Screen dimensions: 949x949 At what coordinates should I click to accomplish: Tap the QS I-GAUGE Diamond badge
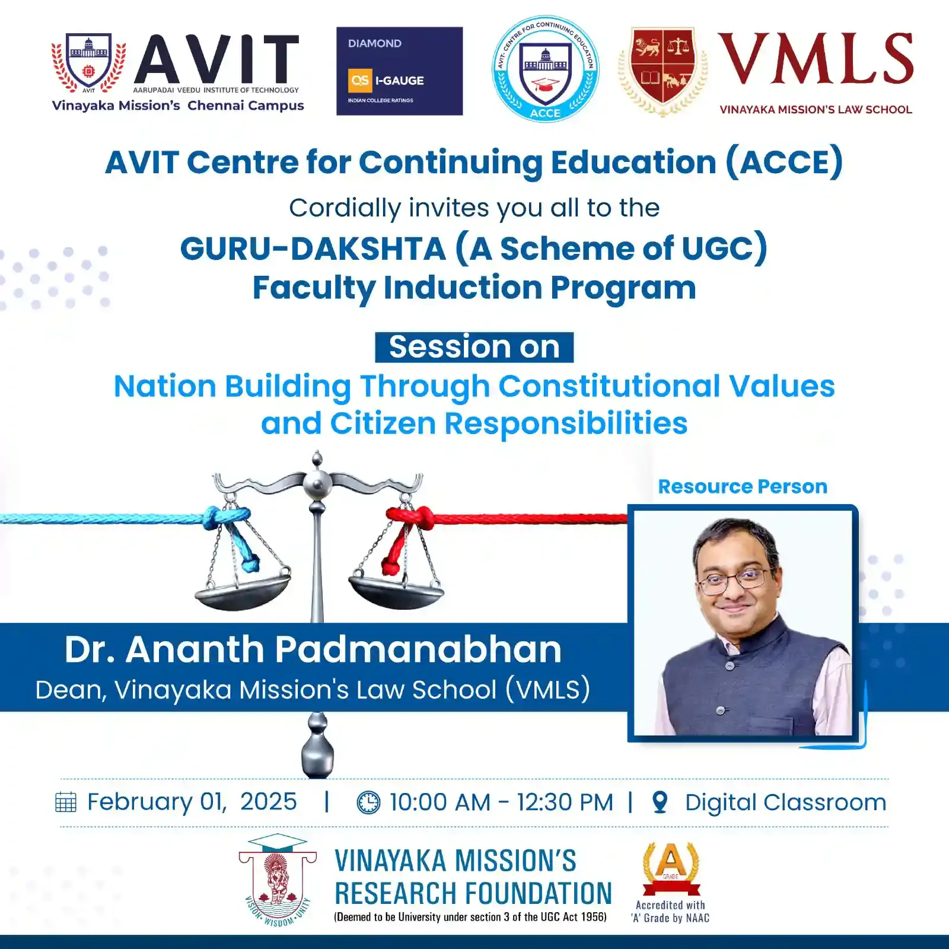pyautogui.click(x=399, y=71)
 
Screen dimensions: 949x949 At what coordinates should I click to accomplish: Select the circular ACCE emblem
pyautogui.click(x=545, y=69)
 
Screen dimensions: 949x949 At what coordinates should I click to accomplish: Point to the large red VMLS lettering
pyautogui.click(x=816, y=59)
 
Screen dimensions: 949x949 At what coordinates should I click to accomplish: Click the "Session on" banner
pyautogui.click(x=474, y=347)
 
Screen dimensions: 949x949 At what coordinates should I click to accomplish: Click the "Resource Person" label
pyautogui.click(x=743, y=486)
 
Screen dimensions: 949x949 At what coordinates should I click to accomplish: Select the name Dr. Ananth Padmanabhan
pyautogui.click(x=313, y=649)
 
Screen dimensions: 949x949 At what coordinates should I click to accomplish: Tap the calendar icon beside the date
pyautogui.click(x=66, y=802)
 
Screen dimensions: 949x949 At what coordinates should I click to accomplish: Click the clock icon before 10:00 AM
pyautogui.click(x=368, y=802)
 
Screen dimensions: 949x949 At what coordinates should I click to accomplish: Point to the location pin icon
pyautogui.click(x=660, y=802)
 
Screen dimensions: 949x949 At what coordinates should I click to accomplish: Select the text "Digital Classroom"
pyautogui.click(x=786, y=802)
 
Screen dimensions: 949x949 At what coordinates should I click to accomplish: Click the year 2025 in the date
pyautogui.click(x=268, y=802)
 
